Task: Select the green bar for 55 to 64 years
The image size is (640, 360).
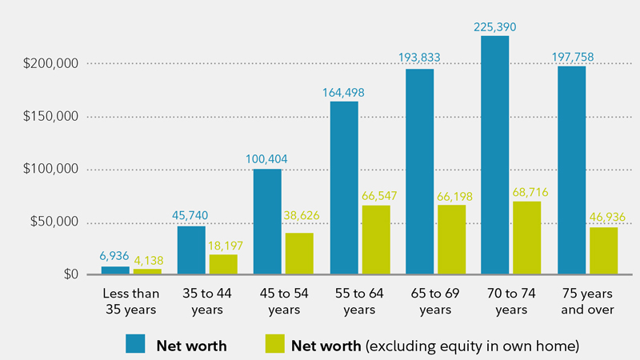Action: pos(375,240)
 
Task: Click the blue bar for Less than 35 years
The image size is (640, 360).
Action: pos(115,270)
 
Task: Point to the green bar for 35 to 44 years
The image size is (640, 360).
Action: pos(223,265)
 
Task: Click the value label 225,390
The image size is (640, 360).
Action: pos(495,27)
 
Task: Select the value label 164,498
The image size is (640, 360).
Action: pos(343,93)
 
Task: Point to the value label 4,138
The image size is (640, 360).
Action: pos(147,260)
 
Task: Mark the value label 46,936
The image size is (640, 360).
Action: pos(604,218)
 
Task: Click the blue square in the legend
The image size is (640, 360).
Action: pos(136,343)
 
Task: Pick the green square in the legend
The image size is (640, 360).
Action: pos(274,343)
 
